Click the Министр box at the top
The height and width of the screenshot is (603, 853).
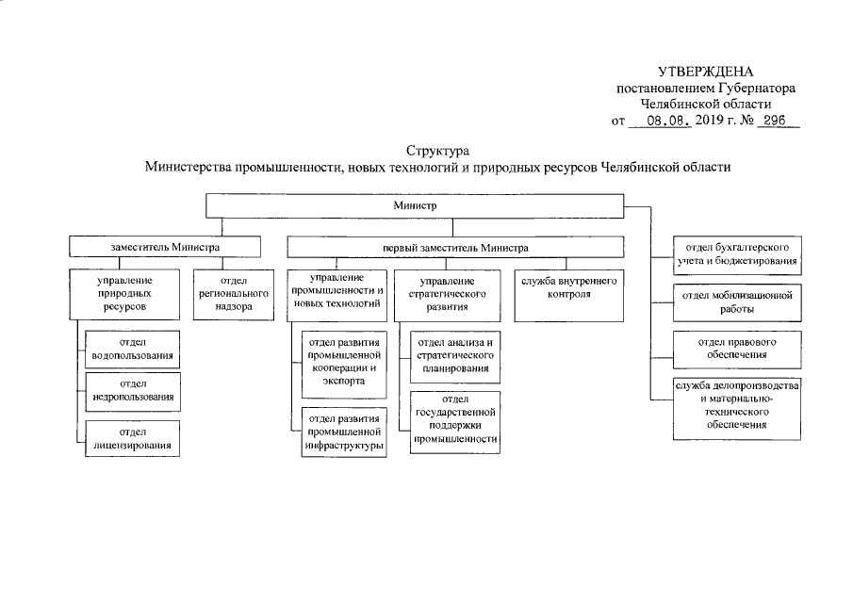point(416,204)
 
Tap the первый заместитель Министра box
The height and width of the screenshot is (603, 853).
point(455,247)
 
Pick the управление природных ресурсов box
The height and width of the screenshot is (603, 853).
point(124,294)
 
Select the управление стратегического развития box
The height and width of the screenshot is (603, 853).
point(448,294)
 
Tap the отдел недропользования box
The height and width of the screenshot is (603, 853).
point(133,391)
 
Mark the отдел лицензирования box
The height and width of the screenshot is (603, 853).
point(133,438)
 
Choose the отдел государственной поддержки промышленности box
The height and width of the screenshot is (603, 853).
point(455,420)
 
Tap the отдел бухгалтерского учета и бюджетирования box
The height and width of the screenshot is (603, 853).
point(737,253)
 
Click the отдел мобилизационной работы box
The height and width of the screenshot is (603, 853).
point(737,301)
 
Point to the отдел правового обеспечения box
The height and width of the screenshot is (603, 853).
point(737,348)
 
